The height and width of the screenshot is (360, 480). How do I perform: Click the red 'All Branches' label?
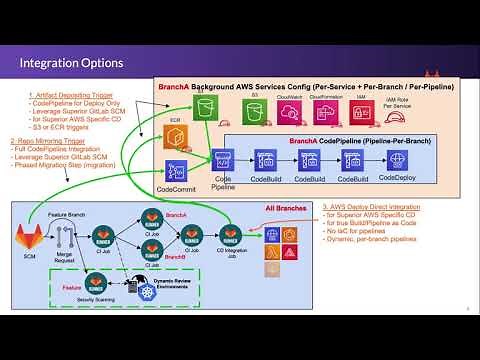click(286, 208)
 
